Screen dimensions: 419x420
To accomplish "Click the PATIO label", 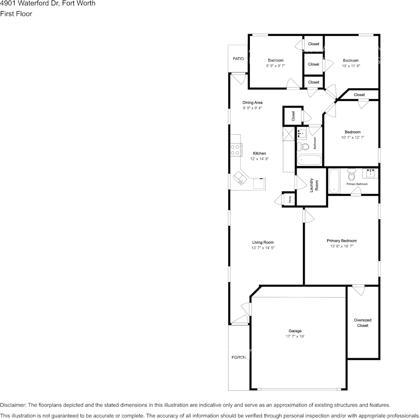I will pyautogui.click(x=238, y=58).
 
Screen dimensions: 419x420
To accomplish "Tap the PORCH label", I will pyautogui.click(x=238, y=357).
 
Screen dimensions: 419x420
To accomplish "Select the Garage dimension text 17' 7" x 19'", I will pyautogui.click(x=295, y=337).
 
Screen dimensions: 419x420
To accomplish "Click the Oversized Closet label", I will pyautogui.click(x=363, y=322).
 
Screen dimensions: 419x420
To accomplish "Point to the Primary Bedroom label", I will pyautogui.click(x=342, y=241).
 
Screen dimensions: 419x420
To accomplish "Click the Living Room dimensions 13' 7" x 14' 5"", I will pyautogui.click(x=263, y=248).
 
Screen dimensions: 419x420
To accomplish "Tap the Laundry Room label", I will pyautogui.click(x=312, y=185).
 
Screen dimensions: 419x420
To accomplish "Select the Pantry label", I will pyautogui.click(x=290, y=199).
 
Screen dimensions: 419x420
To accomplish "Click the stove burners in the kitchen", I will pyautogui.click(x=235, y=150).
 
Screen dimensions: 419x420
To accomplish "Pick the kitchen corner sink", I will pyautogui.click(x=241, y=178).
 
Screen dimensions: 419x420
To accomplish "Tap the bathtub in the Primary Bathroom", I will pyautogui.click(x=334, y=181).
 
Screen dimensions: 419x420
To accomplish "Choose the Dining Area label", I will pyautogui.click(x=252, y=102).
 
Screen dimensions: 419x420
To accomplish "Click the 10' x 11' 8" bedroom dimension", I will pyautogui.click(x=351, y=66).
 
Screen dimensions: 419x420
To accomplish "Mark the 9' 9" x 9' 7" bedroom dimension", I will pyautogui.click(x=275, y=66).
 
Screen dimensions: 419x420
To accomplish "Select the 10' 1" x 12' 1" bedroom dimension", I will pyautogui.click(x=352, y=138).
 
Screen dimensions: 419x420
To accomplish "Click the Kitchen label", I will pyautogui.click(x=260, y=153).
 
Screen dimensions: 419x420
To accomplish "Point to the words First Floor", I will pyautogui.click(x=16, y=14).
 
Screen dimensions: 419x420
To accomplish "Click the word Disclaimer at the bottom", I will pyautogui.click(x=13, y=405).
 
